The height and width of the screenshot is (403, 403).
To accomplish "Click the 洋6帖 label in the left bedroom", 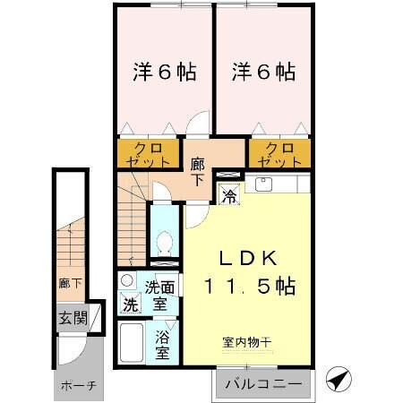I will pos(163,72).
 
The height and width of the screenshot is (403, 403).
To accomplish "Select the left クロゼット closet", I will pos(149,154).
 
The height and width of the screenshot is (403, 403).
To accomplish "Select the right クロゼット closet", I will pos(277,154).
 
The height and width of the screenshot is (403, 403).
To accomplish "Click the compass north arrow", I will pos(338,380).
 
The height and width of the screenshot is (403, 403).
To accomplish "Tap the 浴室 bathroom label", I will pos(163,345).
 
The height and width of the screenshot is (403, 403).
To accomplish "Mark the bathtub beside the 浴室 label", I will pos(133,347).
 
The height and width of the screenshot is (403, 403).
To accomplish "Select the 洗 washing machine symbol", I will pos(131,304).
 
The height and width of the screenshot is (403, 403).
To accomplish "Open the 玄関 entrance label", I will pos(73,318).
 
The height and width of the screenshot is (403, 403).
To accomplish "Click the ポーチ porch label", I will pos(79,386).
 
